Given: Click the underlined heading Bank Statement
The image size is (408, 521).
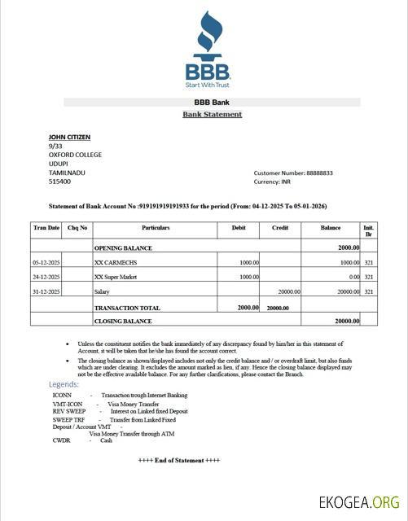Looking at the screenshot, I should click(x=212, y=115).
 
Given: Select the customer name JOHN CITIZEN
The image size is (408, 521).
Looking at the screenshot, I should click(x=69, y=137).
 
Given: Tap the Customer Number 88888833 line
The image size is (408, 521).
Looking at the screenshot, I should click(x=293, y=173).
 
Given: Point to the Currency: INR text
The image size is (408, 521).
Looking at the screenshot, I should click(x=273, y=182).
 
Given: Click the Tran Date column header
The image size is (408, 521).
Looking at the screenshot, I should click(x=46, y=228).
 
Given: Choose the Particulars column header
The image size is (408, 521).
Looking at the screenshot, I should click(x=155, y=228).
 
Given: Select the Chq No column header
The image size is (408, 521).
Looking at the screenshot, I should click(x=77, y=228).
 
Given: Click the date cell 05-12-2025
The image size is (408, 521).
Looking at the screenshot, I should click(x=46, y=263).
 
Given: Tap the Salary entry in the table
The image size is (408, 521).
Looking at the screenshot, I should click(x=102, y=291).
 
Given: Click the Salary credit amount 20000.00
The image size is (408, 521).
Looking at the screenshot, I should click(x=288, y=291).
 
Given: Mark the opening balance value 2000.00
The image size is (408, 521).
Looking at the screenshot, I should click(x=349, y=247).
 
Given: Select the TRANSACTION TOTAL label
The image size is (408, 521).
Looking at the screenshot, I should click(x=127, y=308).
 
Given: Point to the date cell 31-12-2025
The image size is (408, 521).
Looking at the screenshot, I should click(x=46, y=291).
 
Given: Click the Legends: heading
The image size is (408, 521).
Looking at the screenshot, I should click(x=64, y=384).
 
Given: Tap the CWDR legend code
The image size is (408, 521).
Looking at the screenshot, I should click(x=61, y=440).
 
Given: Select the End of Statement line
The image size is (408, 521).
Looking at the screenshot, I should click(x=178, y=460).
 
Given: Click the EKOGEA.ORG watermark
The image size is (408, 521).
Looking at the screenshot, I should click(x=362, y=502).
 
